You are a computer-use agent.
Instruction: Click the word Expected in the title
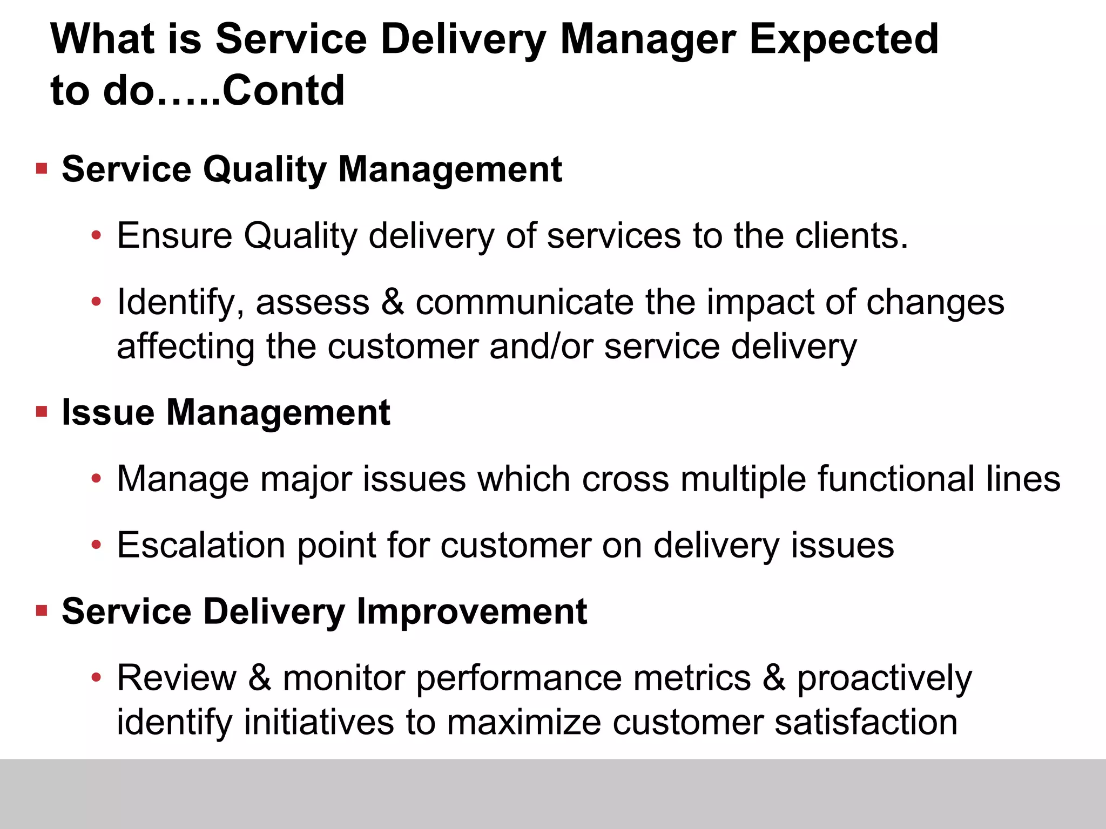click(844, 40)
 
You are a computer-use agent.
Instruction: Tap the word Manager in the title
click(648, 40)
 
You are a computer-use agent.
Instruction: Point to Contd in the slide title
click(283, 90)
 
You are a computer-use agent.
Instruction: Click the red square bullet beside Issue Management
click(42, 412)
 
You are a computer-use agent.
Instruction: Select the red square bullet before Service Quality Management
click(42, 169)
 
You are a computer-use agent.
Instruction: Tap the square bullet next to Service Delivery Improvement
click(42, 611)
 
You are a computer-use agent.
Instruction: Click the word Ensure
click(174, 236)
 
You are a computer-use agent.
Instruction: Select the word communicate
click(524, 302)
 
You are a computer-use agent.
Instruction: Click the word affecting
click(185, 346)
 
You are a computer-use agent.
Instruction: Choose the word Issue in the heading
click(108, 412)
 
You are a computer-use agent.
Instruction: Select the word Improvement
click(471, 611)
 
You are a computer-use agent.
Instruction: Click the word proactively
click(885, 678)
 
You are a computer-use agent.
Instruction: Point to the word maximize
click(524, 722)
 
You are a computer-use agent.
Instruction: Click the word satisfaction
click(866, 722)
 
